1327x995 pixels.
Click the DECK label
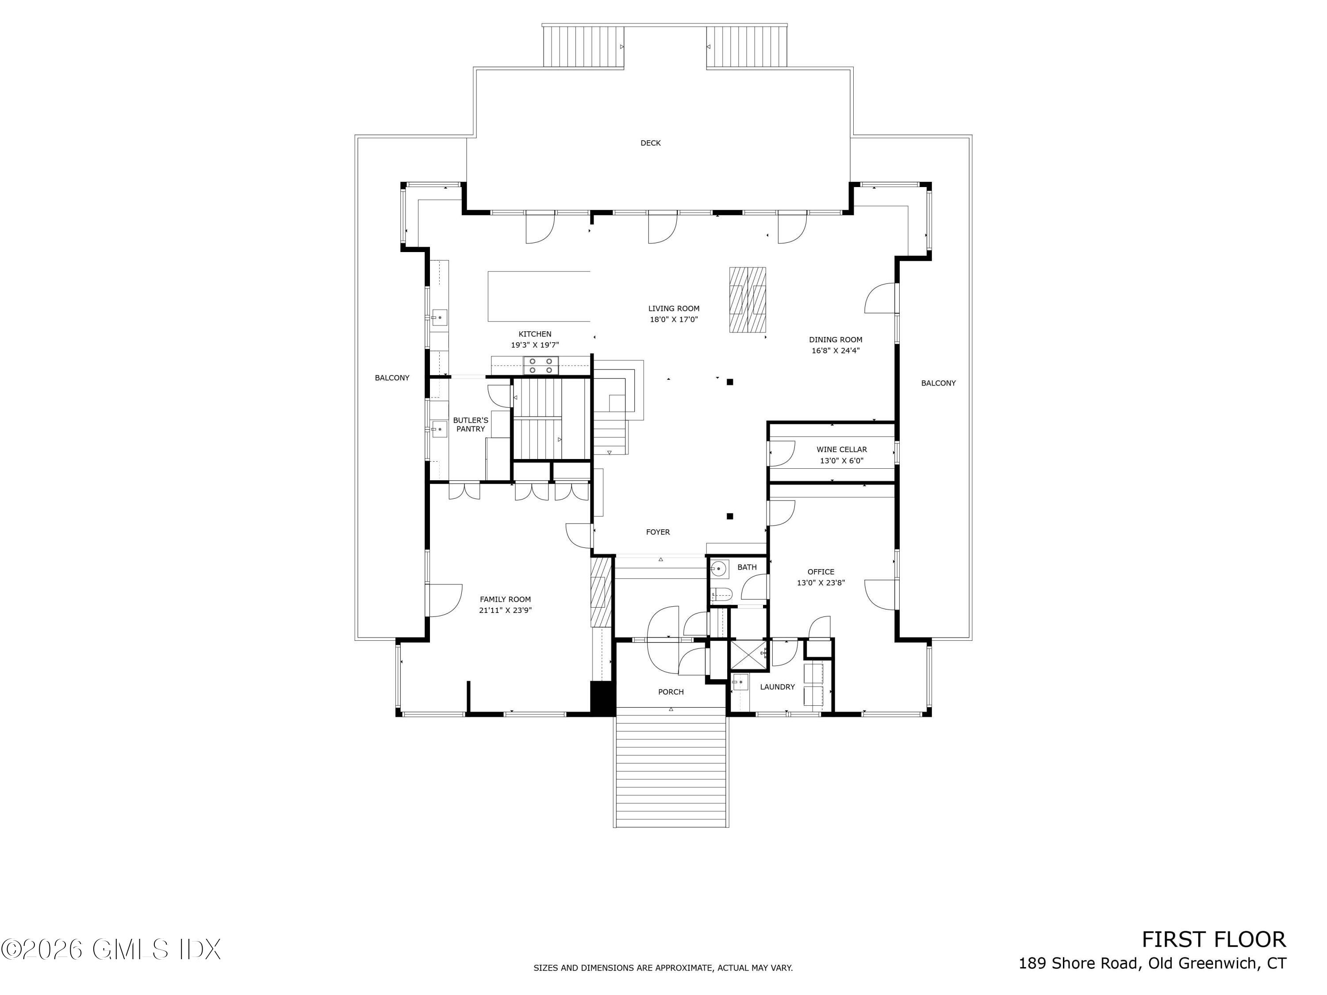pos(650,143)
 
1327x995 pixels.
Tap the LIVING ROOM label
pos(674,309)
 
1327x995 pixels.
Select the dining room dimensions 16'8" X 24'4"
pos(836,351)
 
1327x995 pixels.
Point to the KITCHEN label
pos(534,334)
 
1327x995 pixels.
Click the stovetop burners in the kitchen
pos(541,366)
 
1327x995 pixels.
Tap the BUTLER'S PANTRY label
pos(470,425)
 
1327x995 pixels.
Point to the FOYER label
pos(658,532)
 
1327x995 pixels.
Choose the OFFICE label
pos(821,571)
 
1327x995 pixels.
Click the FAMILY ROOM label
pos(505,599)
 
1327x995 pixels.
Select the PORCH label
pos(671,692)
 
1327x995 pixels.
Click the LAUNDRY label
pos(778,687)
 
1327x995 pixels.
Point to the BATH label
pos(747,567)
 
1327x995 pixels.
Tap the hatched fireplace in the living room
pos(748,300)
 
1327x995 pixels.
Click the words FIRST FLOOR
pos(1214,939)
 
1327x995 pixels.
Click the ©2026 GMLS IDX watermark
pos(111,949)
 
